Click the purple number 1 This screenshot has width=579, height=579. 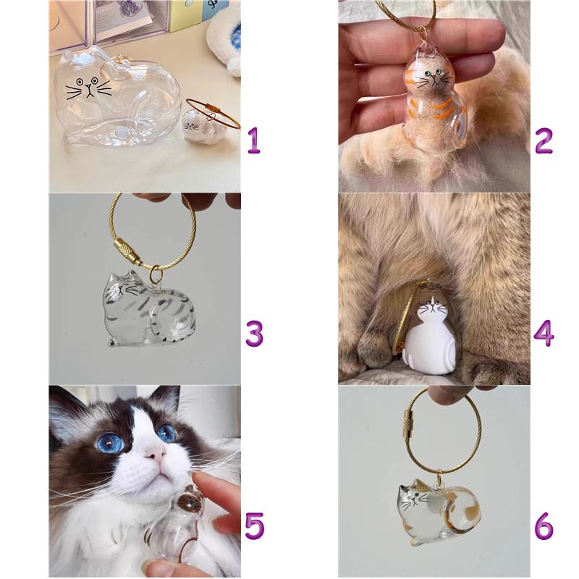coord(254,140)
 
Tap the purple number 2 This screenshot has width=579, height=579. coord(544,140)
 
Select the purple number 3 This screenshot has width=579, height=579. coord(255,334)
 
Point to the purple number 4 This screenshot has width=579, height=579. coord(544,334)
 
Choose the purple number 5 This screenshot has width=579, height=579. coord(255,526)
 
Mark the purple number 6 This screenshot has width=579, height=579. coord(544,526)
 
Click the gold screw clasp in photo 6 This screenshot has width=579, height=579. coord(410,423)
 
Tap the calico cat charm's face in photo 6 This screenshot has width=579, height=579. coord(413,499)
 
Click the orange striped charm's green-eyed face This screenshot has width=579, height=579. coord(433,76)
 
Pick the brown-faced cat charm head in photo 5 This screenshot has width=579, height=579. coord(190,501)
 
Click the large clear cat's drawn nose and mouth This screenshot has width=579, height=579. coord(89,90)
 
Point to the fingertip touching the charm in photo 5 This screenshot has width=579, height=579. coord(200,479)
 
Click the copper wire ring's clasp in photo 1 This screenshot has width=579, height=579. coord(214,107)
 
